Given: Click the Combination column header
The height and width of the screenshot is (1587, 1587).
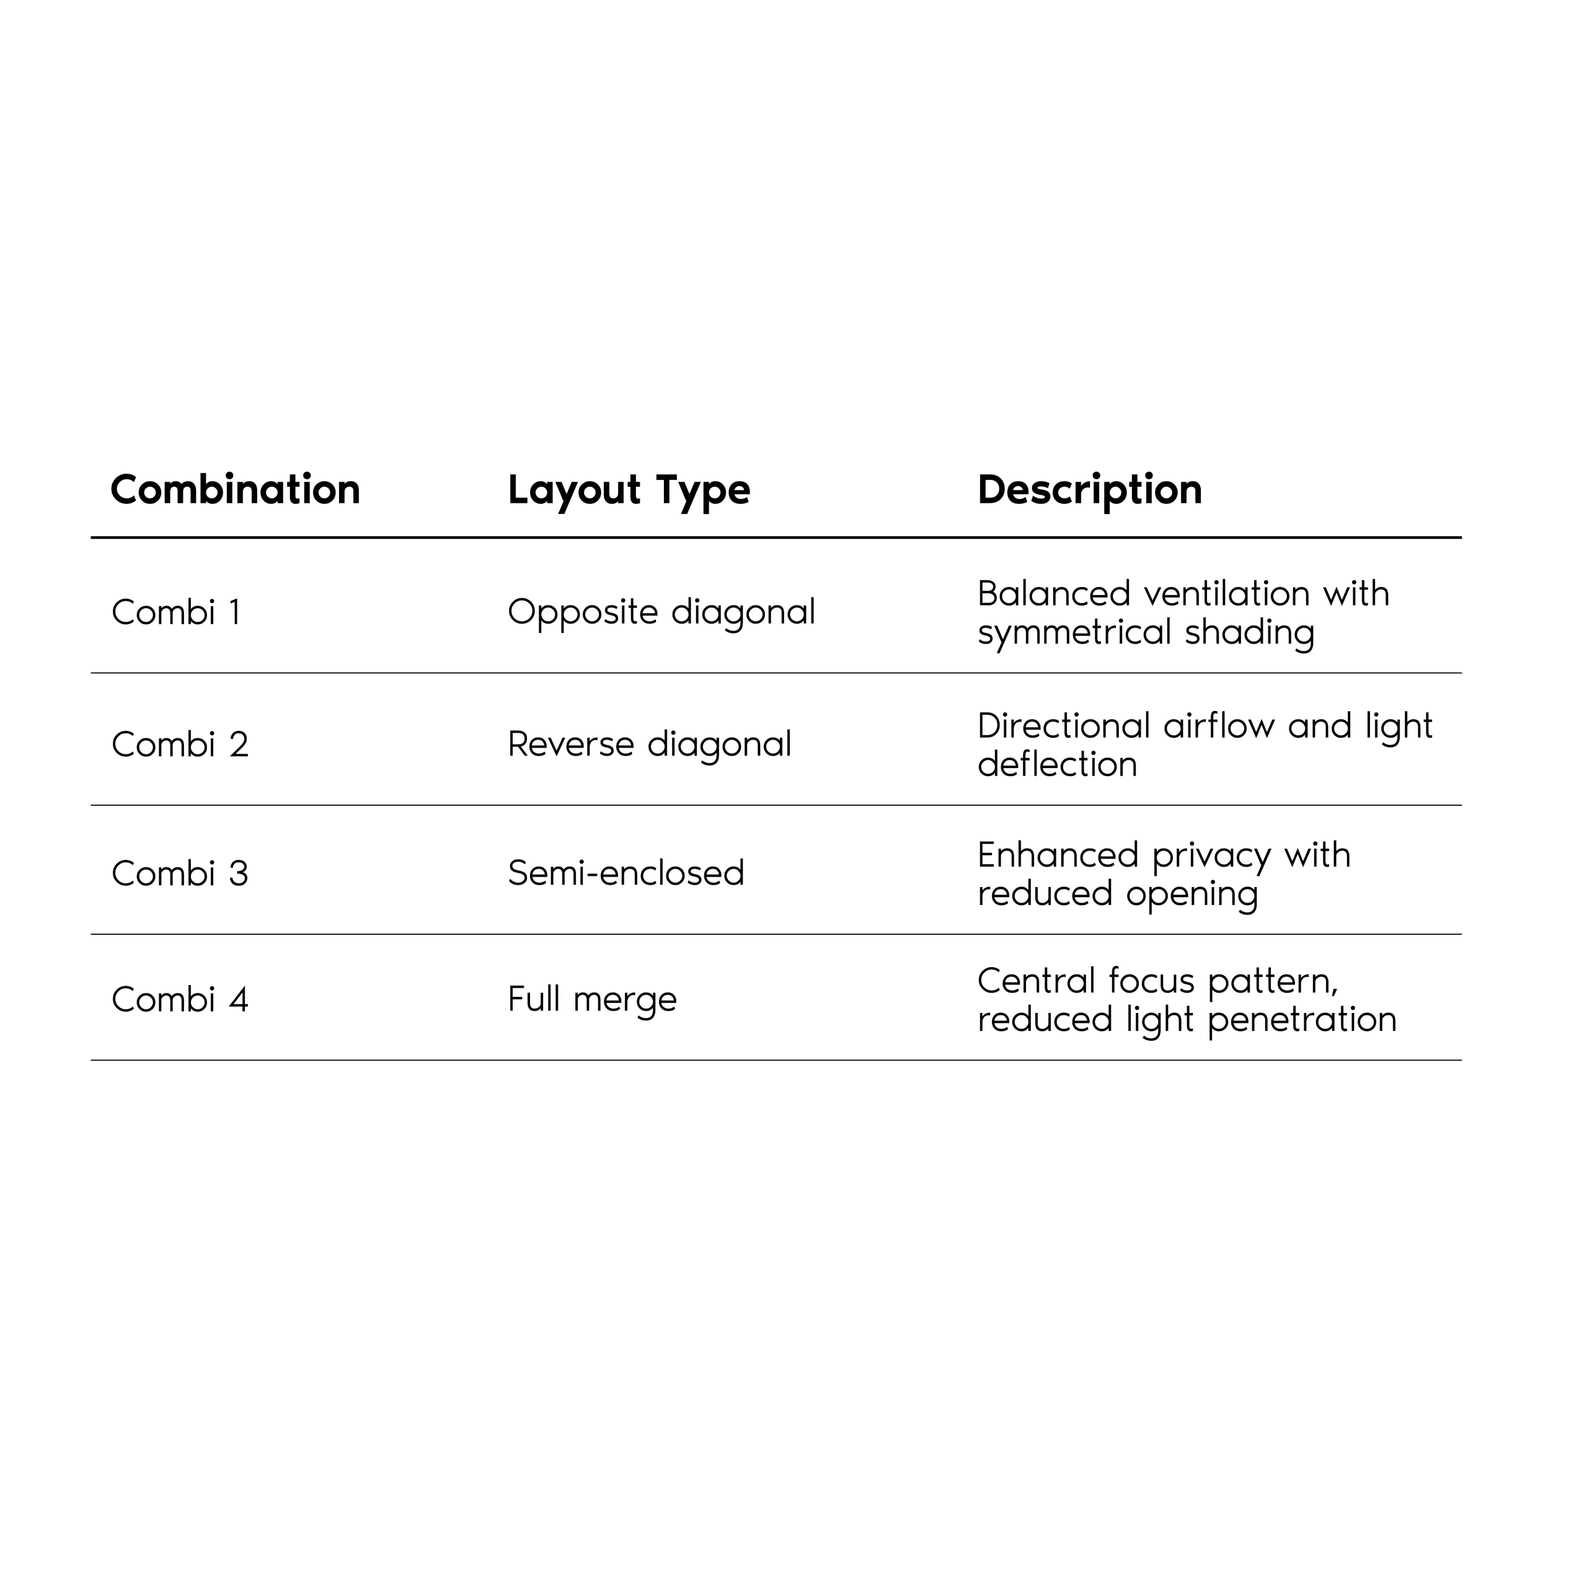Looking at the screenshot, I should tap(235, 490).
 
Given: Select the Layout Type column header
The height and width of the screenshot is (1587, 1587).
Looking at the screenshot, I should tap(629, 490).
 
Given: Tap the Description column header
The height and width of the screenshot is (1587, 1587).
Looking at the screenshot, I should tap(1089, 490).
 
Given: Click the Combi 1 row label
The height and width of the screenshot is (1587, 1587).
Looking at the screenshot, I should tap(176, 612).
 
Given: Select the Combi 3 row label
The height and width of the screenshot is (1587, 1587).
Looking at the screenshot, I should tap(179, 874).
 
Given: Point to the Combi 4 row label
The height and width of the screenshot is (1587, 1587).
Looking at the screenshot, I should tap(179, 1000).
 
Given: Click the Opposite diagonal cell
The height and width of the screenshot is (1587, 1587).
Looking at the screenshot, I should tap(661, 612).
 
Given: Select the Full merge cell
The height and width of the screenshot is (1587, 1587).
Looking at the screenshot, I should tap(591, 1000).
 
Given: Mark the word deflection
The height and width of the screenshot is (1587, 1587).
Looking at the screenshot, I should tap(1056, 765).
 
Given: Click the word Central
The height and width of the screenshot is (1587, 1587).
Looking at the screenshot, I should tap(1037, 981).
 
